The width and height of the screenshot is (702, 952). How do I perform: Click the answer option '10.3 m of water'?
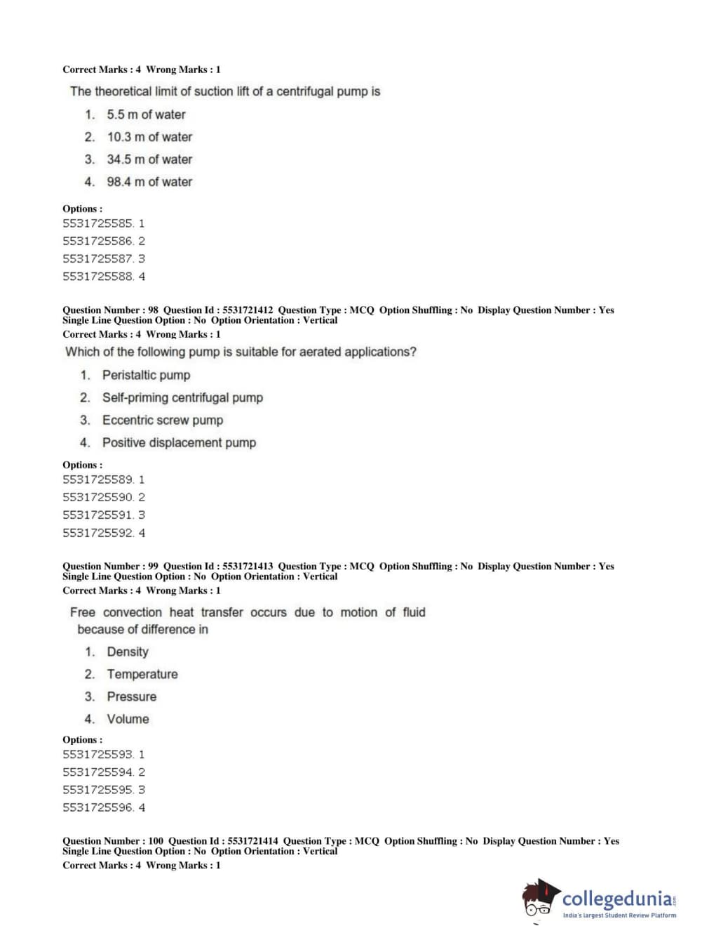pyautogui.click(x=149, y=137)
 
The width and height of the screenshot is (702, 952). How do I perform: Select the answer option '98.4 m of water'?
pyautogui.click(x=149, y=182)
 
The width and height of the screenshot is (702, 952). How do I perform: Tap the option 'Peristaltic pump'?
pyautogui.click(x=146, y=375)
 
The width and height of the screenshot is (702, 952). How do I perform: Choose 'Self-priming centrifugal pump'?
pyautogui.click(x=182, y=397)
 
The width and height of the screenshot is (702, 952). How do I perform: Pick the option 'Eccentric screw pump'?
pyautogui.click(x=162, y=420)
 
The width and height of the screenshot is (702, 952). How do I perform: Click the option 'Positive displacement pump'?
pyautogui.click(x=179, y=442)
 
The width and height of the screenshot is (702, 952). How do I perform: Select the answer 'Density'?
pyautogui.click(x=128, y=652)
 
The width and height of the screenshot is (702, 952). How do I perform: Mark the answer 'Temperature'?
pyautogui.click(x=142, y=674)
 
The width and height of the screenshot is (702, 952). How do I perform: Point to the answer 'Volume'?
pyautogui.click(x=128, y=719)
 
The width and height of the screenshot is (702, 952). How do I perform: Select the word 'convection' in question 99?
pyautogui.click(x=133, y=612)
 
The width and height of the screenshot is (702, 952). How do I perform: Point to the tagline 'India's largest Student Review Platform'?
pyautogui.click(x=619, y=915)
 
